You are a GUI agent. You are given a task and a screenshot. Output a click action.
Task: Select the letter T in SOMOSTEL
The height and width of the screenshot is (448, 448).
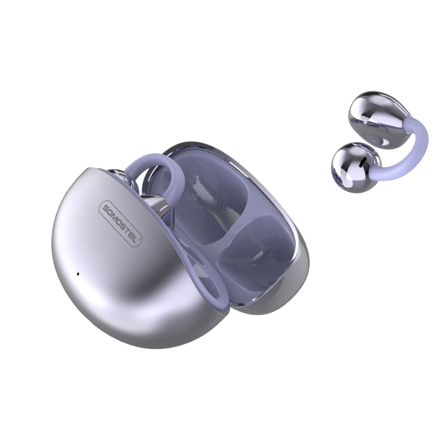click(130, 228)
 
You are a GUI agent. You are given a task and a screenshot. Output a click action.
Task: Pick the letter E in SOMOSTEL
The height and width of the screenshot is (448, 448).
click(134, 232)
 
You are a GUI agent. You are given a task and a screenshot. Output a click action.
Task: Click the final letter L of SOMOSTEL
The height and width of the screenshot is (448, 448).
click(139, 236)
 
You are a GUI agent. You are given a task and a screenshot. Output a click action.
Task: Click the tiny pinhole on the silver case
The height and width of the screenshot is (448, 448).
click(77, 274)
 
